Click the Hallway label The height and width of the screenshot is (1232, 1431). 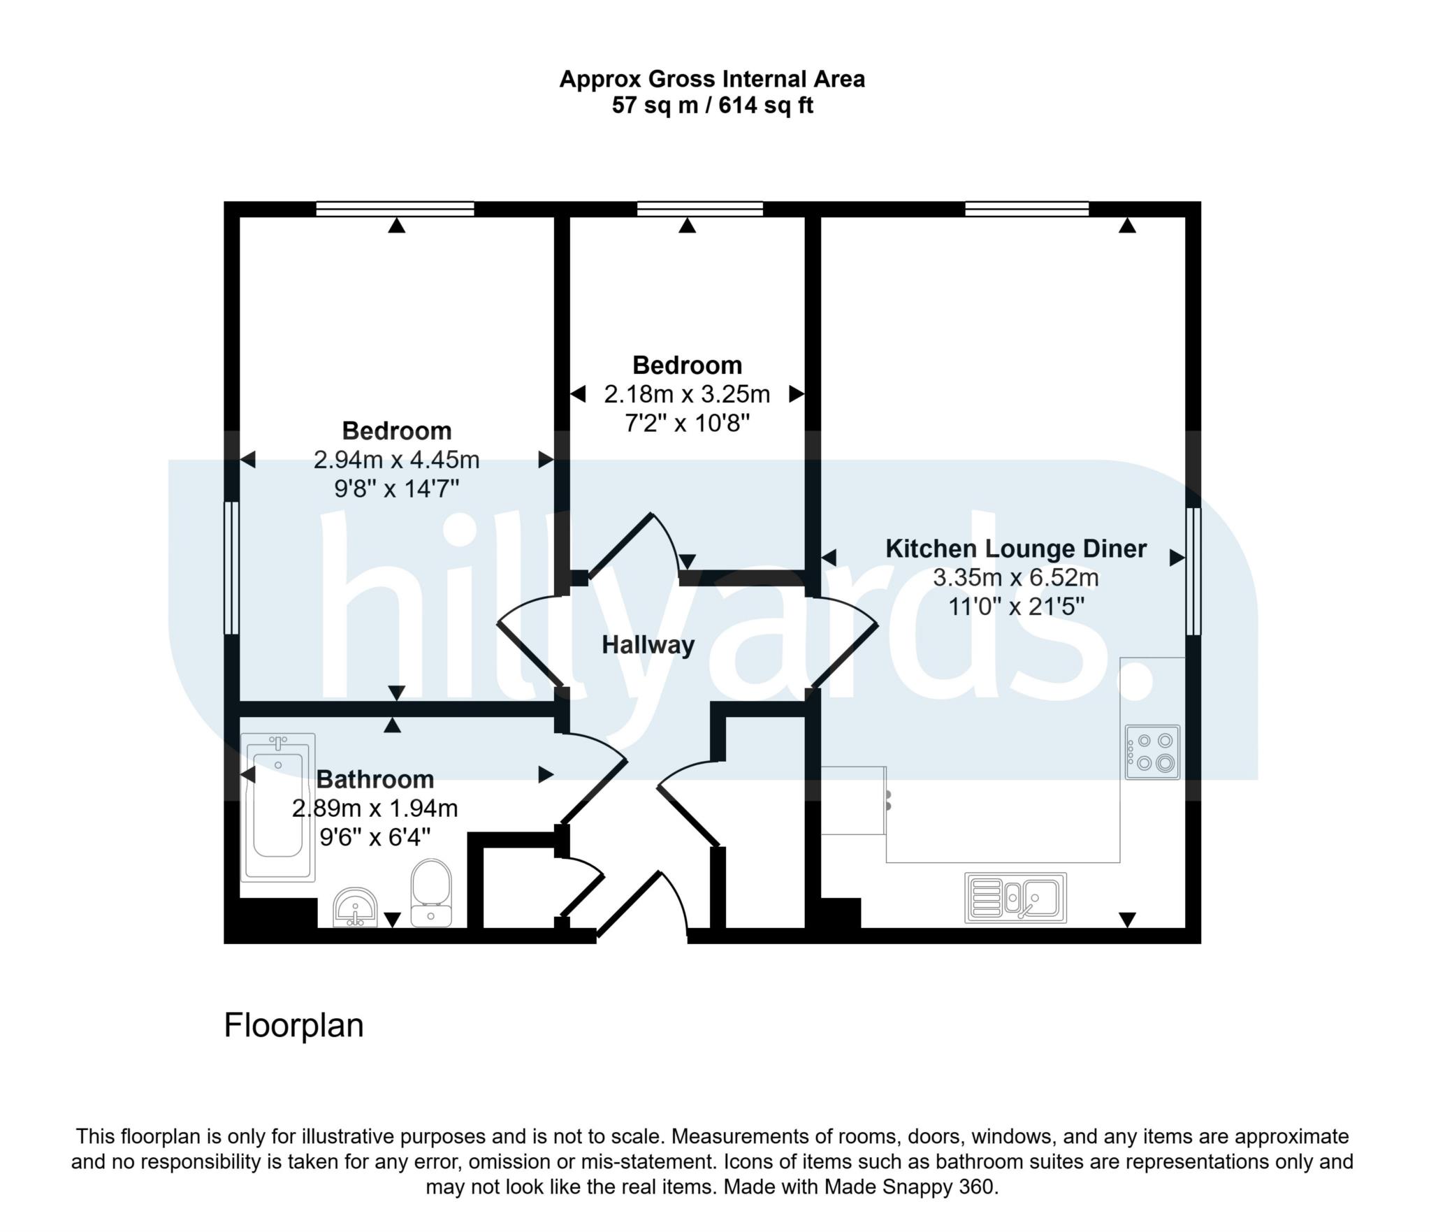[648, 644]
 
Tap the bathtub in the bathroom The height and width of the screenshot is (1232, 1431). [277, 806]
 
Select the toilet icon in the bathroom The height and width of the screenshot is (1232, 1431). [430, 892]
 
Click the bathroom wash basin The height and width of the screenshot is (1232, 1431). [356, 908]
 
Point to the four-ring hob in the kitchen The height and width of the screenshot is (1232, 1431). [1152, 752]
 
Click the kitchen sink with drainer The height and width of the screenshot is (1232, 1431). [1015, 897]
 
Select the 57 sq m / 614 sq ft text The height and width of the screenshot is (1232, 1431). [712, 106]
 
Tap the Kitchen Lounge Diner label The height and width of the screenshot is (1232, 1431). [1015, 549]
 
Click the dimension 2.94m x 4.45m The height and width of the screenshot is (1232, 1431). [396, 460]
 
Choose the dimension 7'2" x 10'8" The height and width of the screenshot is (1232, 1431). [687, 423]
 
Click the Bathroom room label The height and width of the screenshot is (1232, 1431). [375, 779]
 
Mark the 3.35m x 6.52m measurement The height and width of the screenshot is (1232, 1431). [1015, 578]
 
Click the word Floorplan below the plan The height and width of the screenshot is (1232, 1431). [293, 1026]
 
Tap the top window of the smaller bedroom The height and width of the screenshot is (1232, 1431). [699, 208]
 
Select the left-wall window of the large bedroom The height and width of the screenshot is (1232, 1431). [231, 567]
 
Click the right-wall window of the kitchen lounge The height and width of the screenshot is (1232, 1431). [1193, 571]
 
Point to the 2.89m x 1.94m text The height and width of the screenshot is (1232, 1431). [375, 809]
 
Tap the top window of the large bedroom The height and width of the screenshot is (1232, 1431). [395, 208]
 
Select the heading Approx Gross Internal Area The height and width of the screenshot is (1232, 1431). [712, 79]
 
